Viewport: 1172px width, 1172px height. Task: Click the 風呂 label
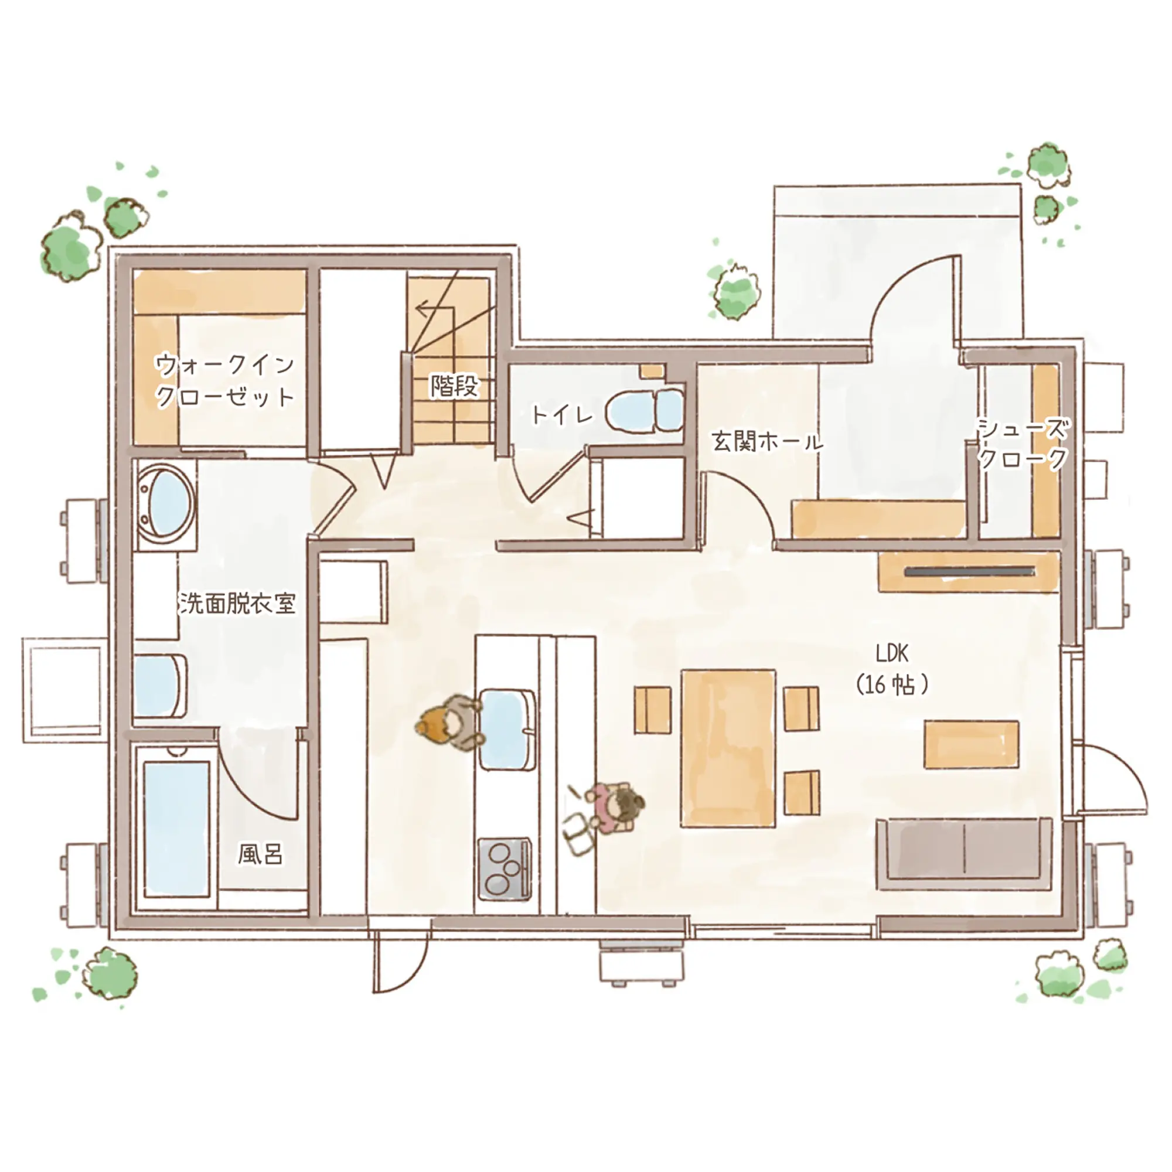tap(260, 855)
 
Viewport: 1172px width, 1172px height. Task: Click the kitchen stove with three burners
tap(504, 868)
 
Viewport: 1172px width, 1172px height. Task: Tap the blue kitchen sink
tap(507, 729)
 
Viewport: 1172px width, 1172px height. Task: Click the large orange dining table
tap(728, 748)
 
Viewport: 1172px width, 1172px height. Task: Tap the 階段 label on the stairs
tap(454, 386)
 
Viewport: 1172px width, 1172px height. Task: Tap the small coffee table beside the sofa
tap(971, 744)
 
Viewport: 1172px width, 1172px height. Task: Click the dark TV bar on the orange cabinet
tap(969, 571)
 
